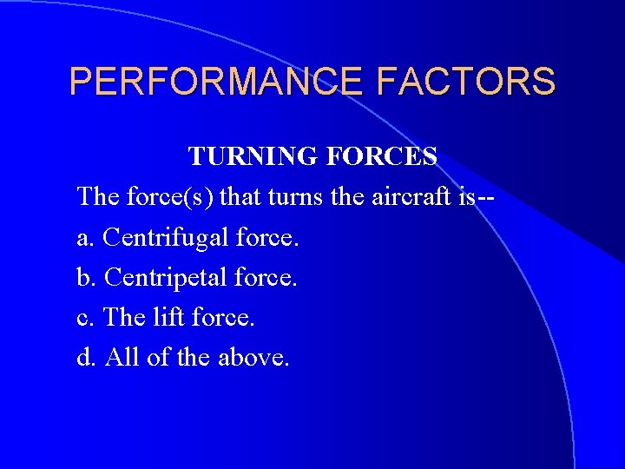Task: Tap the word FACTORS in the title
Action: (x=466, y=82)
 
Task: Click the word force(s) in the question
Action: (x=166, y=196)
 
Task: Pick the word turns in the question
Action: (x=280, y=196)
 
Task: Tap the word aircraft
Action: (x=405, y=196)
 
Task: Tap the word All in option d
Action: (x=120, y=357)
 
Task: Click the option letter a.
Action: (x=84, y=237)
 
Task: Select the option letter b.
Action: (x=85, y=277)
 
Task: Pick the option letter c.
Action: (x=84, y=317)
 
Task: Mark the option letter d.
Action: (x=85, y=357)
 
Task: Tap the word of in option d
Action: (x=156, y=357)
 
